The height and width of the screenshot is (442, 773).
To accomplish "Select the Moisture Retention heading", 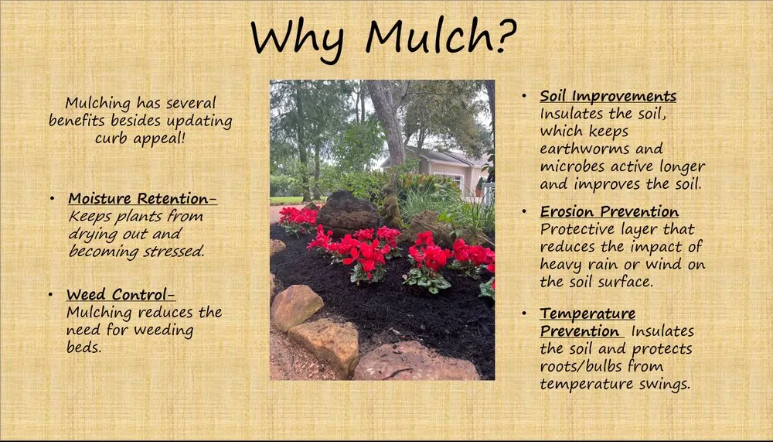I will [x=143, y=199].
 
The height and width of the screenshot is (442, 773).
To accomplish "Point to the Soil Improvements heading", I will [x=608, y=97].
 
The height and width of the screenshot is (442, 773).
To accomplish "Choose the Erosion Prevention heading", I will [x=609, y=212].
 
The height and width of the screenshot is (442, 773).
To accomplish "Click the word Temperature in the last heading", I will [x=587, y=314].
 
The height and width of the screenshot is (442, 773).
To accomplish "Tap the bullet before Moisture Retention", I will [x=52, y=199].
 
